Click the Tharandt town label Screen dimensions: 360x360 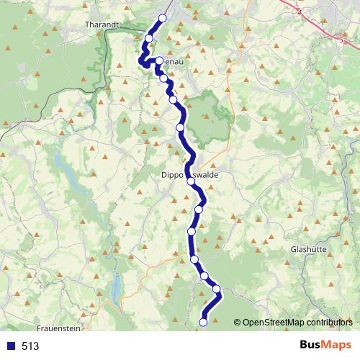[x=102, y=24]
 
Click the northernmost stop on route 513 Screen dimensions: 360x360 [x=162, y=18]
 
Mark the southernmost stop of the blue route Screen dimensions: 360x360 [x=203, y=323]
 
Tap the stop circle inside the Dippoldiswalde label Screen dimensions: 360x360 [x=191, y=181]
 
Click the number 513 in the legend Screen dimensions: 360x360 [x=30, y=346]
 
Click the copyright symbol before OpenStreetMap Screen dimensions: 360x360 [x=238, y=322]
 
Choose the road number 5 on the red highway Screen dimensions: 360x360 [x=341, y=41]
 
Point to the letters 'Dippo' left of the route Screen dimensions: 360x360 [x=174, y=174]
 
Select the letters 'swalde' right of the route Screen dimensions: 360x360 [x=207, y=174]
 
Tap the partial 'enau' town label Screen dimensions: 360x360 [x=172, y=63]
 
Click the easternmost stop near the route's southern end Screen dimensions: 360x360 [x=217, y=289]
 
